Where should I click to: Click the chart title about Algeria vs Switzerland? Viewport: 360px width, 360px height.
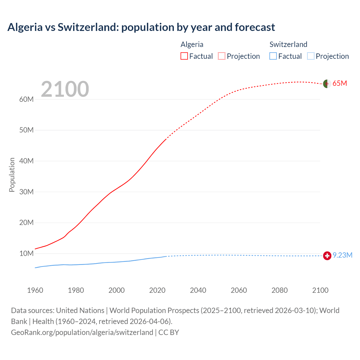click(x=141, y=27)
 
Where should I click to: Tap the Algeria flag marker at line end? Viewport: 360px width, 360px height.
click(x=327, y=84)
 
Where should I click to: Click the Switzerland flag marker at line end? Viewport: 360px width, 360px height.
click(x=327, y=256)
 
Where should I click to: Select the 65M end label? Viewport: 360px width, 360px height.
click(x=340, y=84)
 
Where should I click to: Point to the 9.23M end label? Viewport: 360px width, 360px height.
click(x=343, y=255)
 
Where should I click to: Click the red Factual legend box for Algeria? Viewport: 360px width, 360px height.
click(x=184, y=56)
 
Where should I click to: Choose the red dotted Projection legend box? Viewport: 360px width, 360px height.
click(x=222, y=56)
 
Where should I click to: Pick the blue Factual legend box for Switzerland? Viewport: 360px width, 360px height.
click(x=273, y=56)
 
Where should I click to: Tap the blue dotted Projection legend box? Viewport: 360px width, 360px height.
click(x=310, y=56)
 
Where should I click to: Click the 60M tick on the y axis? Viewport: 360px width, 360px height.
click(x=26, y=100)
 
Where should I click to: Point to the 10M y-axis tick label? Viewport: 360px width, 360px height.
click(x=26, y=254)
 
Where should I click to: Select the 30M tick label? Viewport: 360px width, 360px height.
click(x=26, y=192)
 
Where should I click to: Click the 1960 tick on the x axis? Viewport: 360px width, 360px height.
click(x=35, y=290)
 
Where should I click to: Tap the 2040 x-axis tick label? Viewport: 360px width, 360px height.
click(x=198, y=290)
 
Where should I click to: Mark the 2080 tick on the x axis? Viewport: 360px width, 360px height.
click(x=280, y=290)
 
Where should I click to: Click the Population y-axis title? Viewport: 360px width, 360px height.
click(x=12, y=175)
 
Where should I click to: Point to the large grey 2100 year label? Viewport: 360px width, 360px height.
click(x=65, y=89)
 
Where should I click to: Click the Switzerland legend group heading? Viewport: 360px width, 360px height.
click(x=288, y=44)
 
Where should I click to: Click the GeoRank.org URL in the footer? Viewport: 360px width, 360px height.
click(x=82, y=332)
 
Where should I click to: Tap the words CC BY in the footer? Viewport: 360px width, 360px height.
click(x=169, y=332)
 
